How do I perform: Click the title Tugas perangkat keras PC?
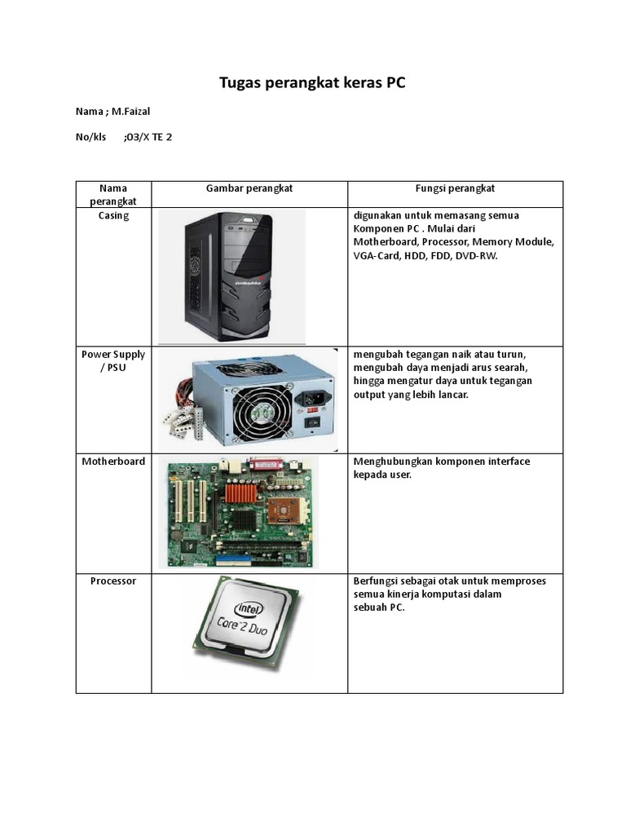[x=312, y=83]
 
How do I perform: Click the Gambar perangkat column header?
[x=249, y=188]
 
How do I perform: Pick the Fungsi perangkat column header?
[x=455, y=188]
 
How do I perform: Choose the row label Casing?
[x=113, y=216]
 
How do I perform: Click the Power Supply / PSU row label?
[x=113, y=360]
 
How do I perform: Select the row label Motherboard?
[x=113, y=462]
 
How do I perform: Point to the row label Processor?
[x=113, y=581]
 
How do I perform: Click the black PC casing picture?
[x=231, y=276]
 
